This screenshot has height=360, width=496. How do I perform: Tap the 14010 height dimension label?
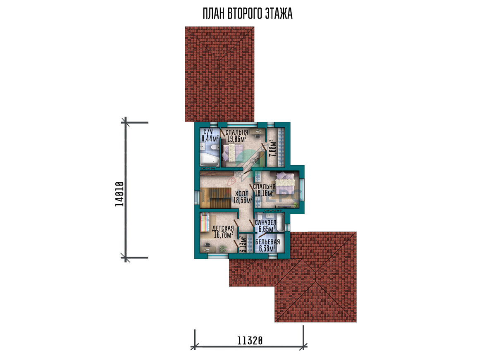tap(119, 194)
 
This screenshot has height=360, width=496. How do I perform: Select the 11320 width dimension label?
tap(250, 341)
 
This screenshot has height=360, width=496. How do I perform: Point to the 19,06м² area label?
tap(237, 139)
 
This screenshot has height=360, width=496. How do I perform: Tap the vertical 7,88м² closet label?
tap(272, 148)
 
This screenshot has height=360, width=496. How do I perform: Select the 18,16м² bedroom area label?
tap(264, 193)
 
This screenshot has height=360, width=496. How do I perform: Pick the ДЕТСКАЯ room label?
tap(223, 228)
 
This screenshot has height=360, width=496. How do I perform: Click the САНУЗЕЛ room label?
tap(265, 222)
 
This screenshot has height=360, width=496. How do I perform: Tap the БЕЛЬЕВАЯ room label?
tap(267, 242)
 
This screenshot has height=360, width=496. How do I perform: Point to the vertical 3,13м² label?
tap(243, 244)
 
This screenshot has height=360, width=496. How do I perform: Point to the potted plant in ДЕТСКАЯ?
tap(223, 249)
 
